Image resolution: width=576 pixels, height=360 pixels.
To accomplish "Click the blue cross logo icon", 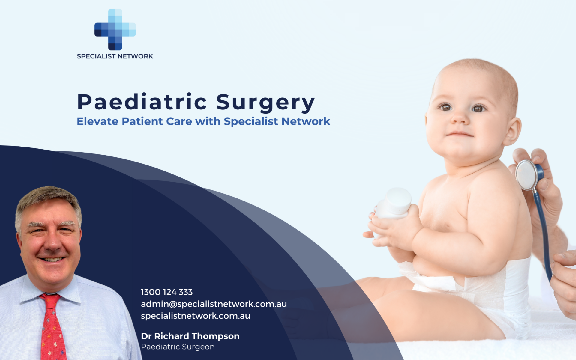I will pos(115,29).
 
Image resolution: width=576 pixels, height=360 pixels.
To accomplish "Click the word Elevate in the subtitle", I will pos(97,121).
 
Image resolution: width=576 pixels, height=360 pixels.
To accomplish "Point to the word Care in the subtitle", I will pos(179,121).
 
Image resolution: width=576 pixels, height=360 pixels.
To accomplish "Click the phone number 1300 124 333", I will pos(167,292).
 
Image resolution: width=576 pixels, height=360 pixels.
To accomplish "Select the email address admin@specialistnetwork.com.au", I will pos(214,304).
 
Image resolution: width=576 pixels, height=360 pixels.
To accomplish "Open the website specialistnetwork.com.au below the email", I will pos(195,316).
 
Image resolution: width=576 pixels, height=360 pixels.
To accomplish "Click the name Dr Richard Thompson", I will pos(190,336).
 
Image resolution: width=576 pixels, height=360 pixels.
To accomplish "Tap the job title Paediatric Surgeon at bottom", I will pos(178,347).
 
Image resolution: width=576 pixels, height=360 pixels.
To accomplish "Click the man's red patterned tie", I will pos(52,327).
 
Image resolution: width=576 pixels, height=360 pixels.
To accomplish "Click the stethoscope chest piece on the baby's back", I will pos(527,175).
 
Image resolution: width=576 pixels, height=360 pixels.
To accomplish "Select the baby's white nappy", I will pos(480,288).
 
